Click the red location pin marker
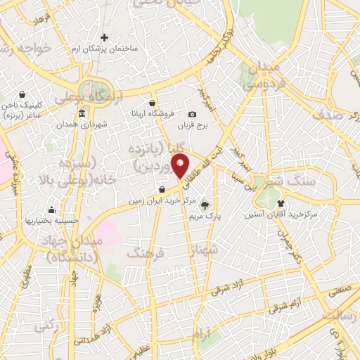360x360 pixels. (181, 166)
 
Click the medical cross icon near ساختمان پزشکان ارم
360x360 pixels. (105, 37)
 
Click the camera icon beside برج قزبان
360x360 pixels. (192, 115)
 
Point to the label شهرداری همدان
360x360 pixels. (83, 125)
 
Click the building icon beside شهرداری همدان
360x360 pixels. (82, 113)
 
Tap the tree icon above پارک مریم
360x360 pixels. (205, 205)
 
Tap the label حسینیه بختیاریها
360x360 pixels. (51, 221)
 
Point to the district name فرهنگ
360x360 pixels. (144, 252)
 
